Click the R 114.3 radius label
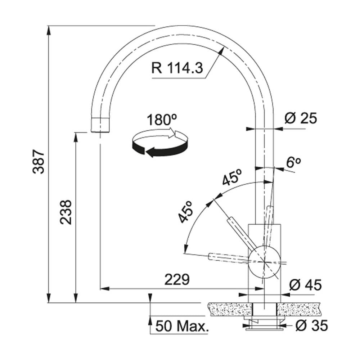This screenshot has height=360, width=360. (177, 68)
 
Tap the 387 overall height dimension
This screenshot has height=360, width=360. (39, 162)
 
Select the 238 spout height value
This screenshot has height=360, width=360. (66, 212)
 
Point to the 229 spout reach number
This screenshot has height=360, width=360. (177, 279)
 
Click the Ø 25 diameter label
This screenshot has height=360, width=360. (301, 118)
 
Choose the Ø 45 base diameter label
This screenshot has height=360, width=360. (305, 285)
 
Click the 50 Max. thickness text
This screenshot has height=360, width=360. (181, 326)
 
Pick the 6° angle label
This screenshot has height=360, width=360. (293, 163)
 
